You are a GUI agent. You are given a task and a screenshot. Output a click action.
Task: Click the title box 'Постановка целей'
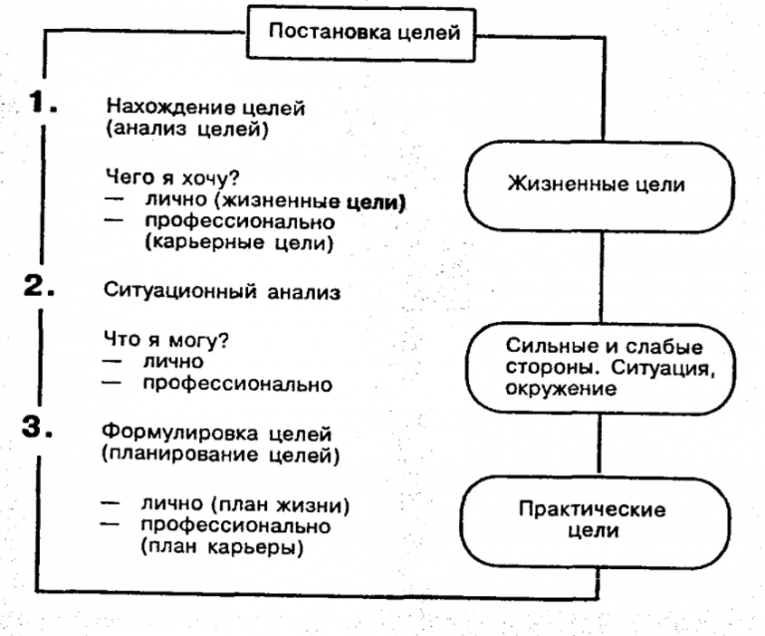tap(360, 33)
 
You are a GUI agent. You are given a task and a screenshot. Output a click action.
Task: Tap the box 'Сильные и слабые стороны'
tap(596, 367)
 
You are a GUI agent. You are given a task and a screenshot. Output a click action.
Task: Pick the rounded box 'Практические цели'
tap(596, 520)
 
